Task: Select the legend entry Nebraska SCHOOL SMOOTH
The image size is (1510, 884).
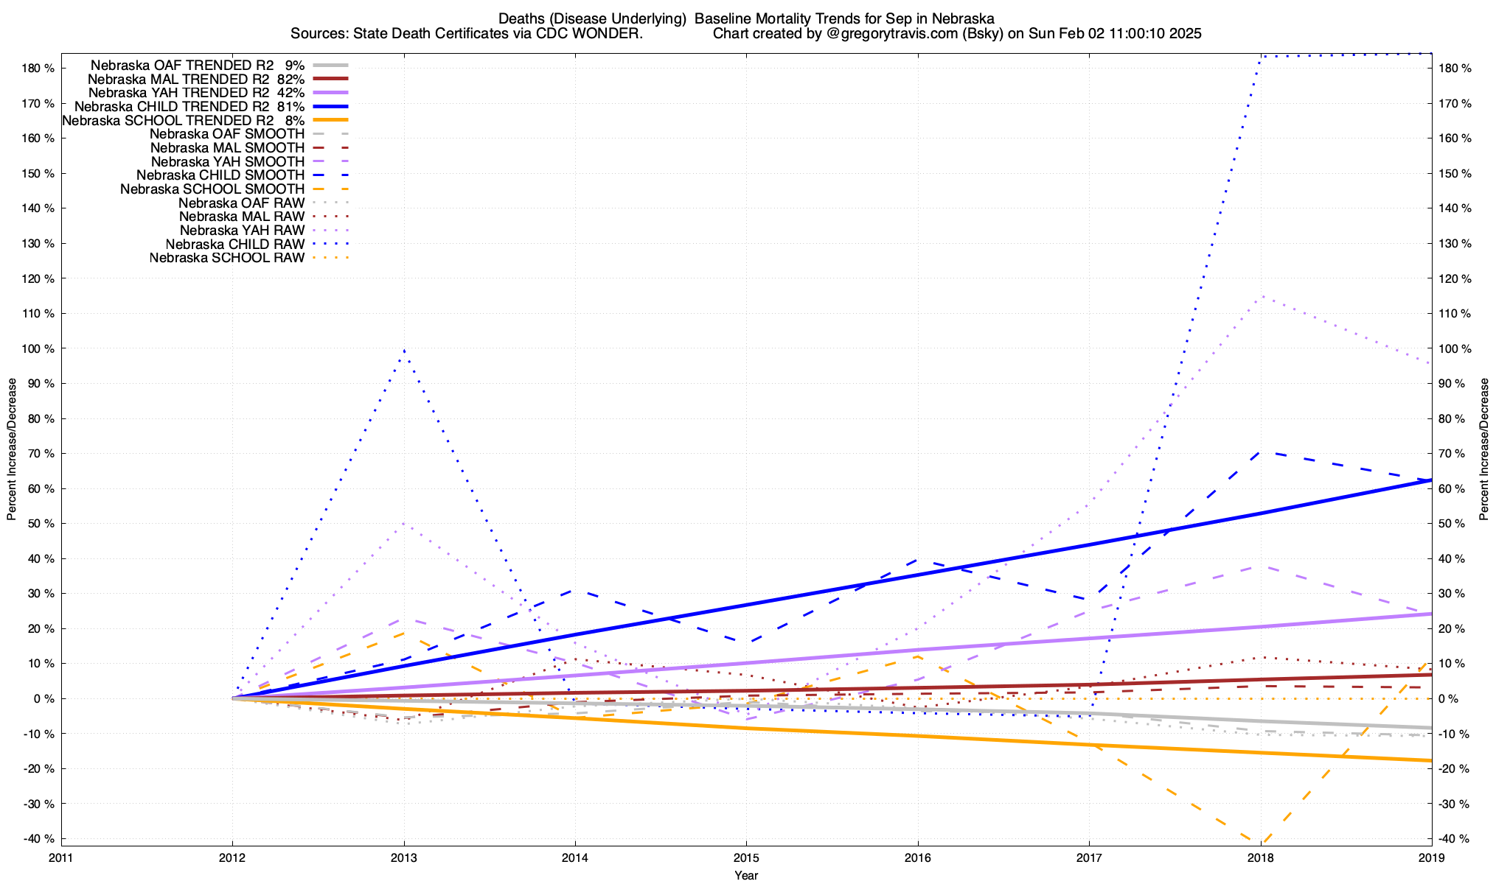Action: coord(212,189)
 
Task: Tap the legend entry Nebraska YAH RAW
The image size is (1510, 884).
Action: coord(242,231)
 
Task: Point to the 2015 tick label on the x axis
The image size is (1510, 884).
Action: coord(746,857)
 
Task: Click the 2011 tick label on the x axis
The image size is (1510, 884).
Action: coord(61,857)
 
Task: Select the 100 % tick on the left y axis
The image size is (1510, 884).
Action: coord(38,348)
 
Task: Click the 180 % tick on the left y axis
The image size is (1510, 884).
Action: coord(38,68)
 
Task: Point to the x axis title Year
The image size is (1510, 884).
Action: coord(746,875)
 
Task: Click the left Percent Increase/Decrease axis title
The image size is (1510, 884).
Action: coord(12,449)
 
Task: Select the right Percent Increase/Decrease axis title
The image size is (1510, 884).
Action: coord(1484,449)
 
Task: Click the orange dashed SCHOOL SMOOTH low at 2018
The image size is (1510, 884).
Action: coord(1261,841)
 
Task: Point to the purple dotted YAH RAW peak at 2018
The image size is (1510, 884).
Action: coord(1262,297)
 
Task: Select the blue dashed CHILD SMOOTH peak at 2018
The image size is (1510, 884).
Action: coord(1261,452)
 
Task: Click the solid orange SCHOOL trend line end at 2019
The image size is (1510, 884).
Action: coord(1430,760)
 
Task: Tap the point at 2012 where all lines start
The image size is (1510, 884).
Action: coord(233,698)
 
